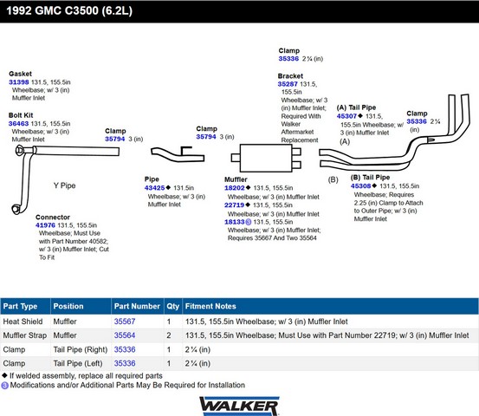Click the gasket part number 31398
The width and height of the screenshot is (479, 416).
click(19, 82)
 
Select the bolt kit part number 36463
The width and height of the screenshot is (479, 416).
click(18, 123)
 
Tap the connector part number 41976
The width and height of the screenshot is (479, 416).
click(45, 225)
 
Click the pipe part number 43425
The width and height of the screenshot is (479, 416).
click(154, 188)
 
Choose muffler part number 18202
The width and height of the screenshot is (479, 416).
click(235, 188)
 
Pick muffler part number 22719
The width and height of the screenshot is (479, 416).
click(235, 205)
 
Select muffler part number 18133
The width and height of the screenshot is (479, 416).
click(235, 222)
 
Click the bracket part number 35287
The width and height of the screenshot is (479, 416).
click(288, 84)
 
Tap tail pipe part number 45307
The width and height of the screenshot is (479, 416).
click(346, 116)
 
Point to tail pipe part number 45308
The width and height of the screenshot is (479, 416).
click(361, 185)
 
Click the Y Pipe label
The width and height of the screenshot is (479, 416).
click(64, 185)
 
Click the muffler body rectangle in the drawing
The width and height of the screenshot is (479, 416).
click(266, 158)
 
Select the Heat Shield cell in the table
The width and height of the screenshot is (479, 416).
click(23, 322)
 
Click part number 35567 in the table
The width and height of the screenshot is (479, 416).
click(125, 322)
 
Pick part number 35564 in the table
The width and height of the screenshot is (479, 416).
click(125, 335)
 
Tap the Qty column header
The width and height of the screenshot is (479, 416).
click(173, 306)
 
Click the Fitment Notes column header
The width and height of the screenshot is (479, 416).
click(210, 306)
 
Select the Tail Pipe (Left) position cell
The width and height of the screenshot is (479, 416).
click(78, 363)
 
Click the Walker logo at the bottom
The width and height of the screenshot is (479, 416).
click(239, 406)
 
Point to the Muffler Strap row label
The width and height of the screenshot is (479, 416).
click(25, 335)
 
